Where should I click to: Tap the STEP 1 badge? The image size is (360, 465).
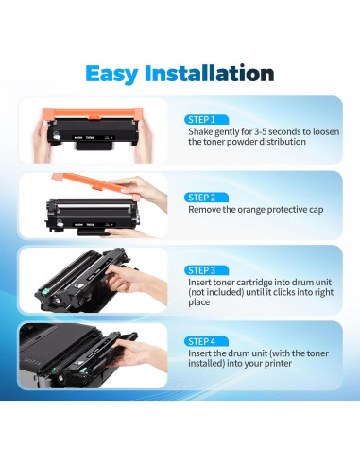200,119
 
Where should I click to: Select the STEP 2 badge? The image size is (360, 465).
200,197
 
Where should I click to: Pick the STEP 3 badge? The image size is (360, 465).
200,268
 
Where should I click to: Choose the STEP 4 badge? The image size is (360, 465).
200,340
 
